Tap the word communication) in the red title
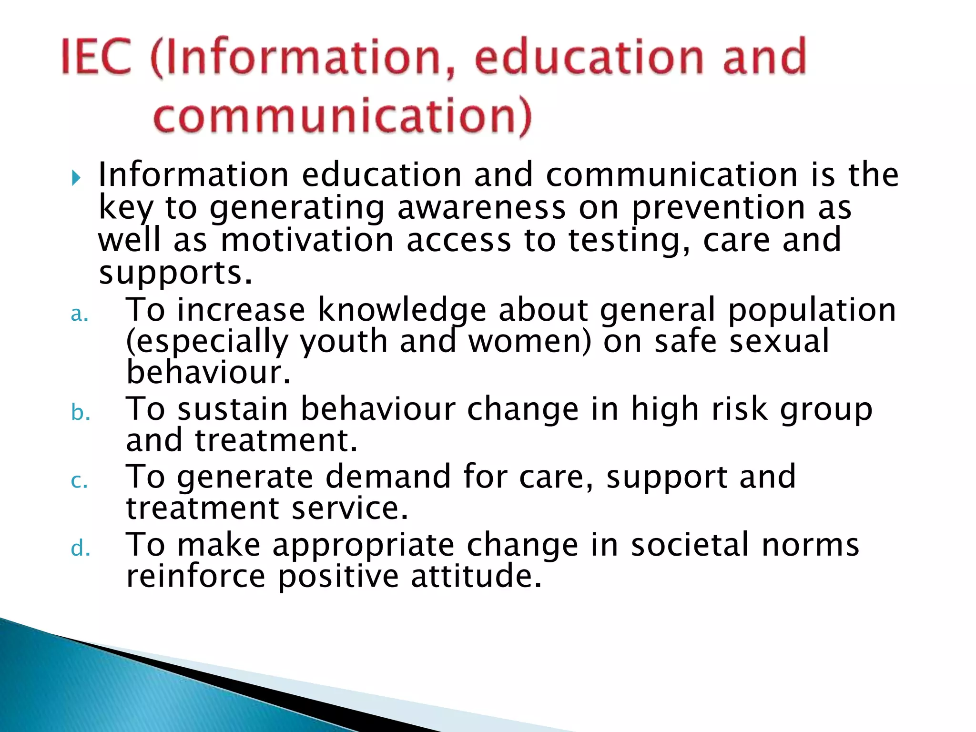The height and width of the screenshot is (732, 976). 342,116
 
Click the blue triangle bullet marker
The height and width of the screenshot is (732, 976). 76,178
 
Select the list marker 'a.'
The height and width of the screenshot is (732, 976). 80,314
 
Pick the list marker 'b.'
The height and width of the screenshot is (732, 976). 81,412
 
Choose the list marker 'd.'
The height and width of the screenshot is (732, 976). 80,549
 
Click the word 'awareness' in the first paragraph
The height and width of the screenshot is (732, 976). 481,208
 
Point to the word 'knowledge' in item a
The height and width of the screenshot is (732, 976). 402,310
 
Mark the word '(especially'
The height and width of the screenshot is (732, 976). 207,342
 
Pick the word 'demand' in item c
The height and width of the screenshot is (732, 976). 388,476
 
